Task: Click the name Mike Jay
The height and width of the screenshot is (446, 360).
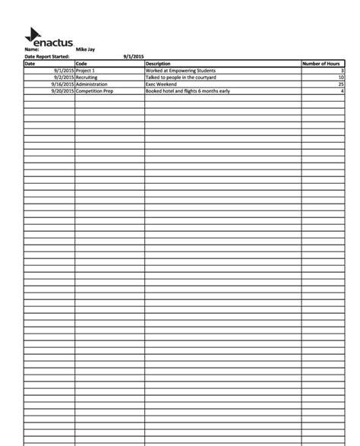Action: click(x=85, y=49)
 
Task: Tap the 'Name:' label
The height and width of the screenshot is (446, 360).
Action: click(x=31, y=49)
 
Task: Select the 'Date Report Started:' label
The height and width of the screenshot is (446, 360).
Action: click(x=46, y=56)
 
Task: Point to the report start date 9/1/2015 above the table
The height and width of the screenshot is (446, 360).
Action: click(x=133, y=56)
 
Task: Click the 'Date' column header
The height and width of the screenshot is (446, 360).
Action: click(x=30, y=63)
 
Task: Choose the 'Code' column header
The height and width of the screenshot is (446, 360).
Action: click(x=82, y=63)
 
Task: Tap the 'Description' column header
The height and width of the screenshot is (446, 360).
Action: click(x=158, y=63)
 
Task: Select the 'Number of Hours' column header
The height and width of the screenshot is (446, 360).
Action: click(x=321, y=63)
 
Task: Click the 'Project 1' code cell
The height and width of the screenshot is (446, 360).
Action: click(x=85, y=70)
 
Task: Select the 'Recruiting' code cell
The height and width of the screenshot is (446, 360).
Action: click(x=87, y=77)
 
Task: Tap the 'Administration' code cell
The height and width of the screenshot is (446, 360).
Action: click(x=92, y=84)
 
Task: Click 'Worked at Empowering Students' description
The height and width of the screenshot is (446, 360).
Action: click(x=181, y=70)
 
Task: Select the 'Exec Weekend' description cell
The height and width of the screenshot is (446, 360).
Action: click(x=161, y=84)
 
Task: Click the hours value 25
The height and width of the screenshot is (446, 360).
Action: click(x=341, y=84)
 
